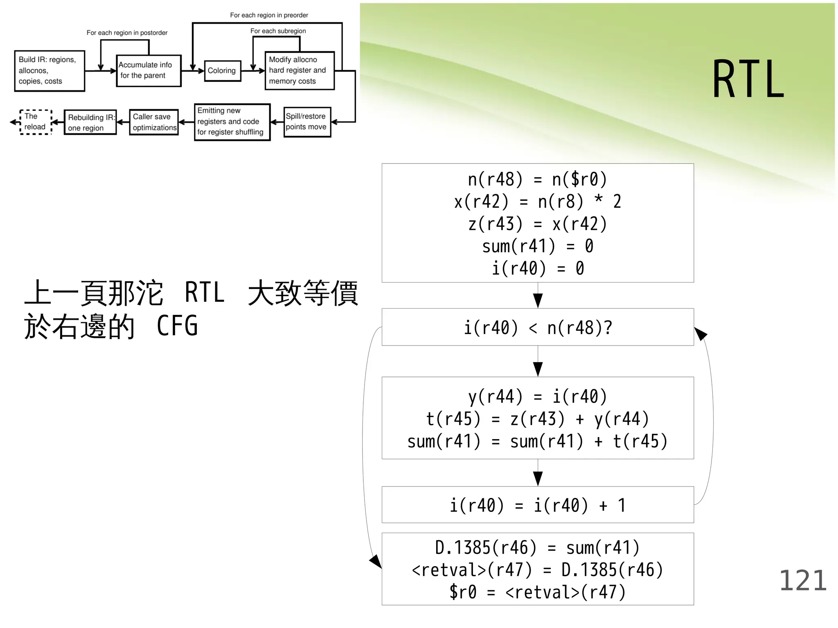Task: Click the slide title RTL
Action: click(x=748, y=79)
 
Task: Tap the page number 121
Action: click(x=802, y=581)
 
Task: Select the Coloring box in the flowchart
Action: click(x=222, y=71)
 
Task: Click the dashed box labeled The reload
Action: click(x=36, y=122)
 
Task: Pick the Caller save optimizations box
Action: click(x=154, y=122)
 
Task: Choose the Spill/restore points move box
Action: click(x=307, y=122)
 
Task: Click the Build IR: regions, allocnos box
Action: click(x=50, y=71)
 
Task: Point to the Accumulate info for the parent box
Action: click(x=149, y=71)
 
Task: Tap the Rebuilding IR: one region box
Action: click(x=90, y=122)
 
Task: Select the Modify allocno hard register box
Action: click(x=300, y=71)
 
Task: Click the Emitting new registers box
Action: click(x=232, y=122)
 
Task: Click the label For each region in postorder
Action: click(x=127, y=33)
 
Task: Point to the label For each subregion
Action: click(x=278, y=31)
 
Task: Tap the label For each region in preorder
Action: click(x=269, y=15)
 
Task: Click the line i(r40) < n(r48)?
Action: click(x=538, y=328)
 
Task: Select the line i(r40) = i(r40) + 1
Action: click(x=538, y=505)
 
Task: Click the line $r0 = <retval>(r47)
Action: click(x=538, y=592)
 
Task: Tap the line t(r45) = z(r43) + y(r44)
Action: click(x=538, y=419)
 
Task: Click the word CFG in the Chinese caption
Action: click(x=177, y=326)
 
